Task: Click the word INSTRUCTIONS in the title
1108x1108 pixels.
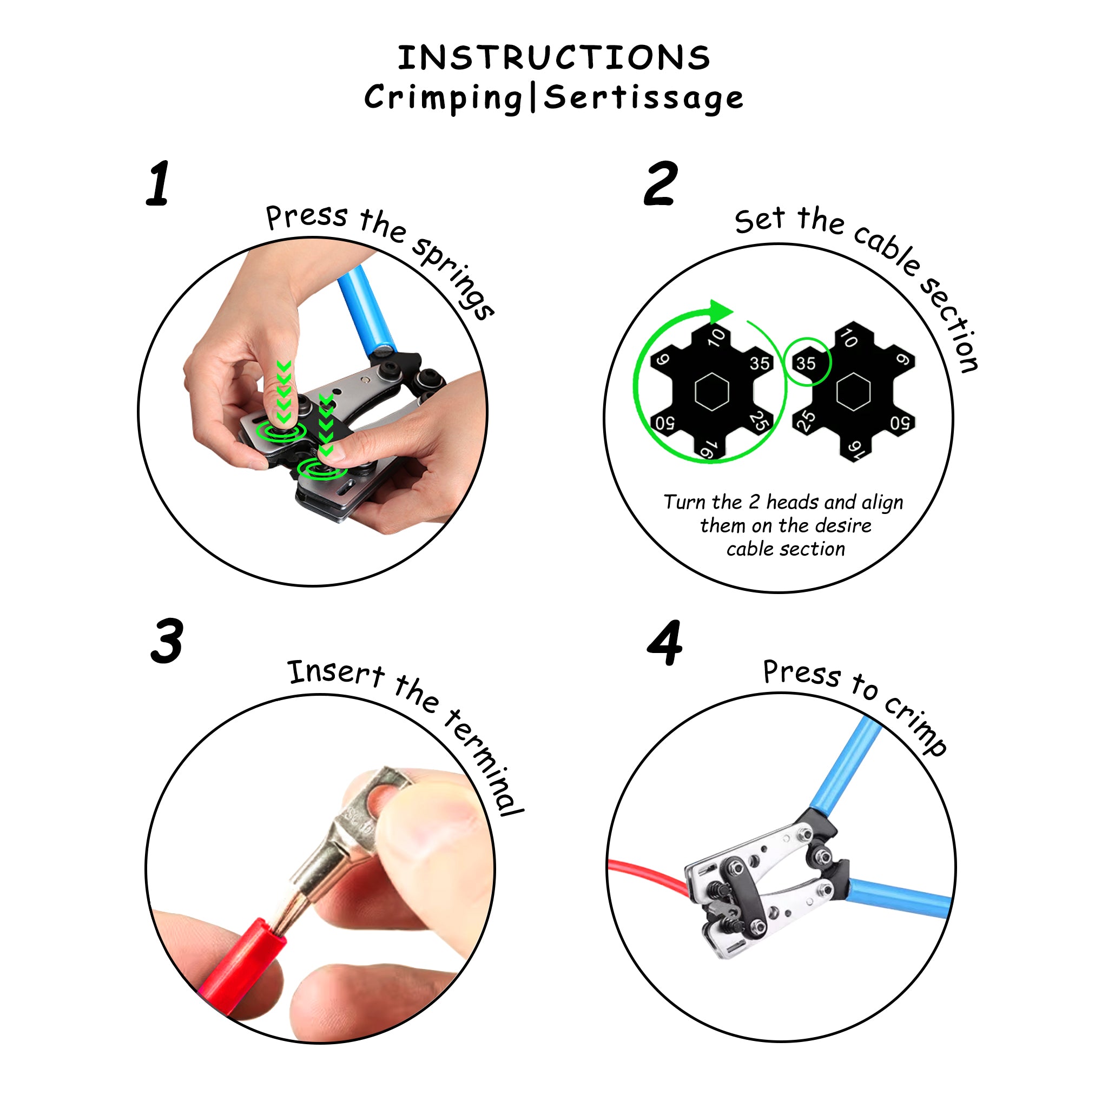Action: (x=554, y=58)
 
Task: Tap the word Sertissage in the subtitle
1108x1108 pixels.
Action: (x=643, y=97)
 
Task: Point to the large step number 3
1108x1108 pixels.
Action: (x=167, y=641)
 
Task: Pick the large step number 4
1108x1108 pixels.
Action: (x=665, y=643)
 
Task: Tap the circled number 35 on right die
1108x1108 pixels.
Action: (x=806, y=362)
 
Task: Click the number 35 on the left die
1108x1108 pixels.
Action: (x=759, y=363)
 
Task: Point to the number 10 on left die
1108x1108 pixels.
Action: (x=717, y=337)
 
